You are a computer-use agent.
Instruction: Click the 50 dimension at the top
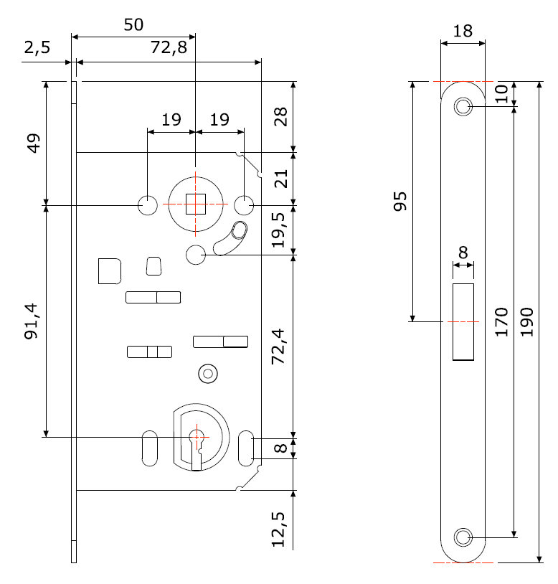coord(133,25)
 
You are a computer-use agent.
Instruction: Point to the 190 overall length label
coord(527,322)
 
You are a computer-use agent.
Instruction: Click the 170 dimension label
coord(502,322)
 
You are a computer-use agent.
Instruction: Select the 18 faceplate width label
coord(463,31)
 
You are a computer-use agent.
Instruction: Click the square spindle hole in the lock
coord(195,204)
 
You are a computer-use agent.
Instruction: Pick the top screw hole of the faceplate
coord(463,108)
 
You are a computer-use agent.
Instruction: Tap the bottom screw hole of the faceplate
coord(463,537)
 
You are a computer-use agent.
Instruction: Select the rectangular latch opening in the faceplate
coord(463,321)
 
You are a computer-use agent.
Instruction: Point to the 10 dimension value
coord(502,93)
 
